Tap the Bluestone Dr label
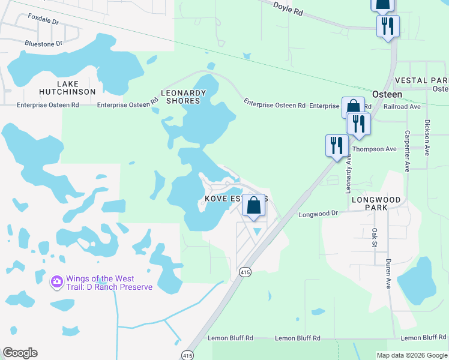43,44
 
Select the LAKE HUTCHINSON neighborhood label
67,88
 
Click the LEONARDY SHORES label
183,97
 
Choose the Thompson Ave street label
375,149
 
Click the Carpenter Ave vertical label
407,151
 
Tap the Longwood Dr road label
319,214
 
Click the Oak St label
373,237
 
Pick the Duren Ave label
388,274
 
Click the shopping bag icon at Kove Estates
254,205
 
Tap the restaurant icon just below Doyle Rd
388,26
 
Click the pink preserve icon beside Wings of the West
57,281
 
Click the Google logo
20,353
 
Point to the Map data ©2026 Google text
412,355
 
